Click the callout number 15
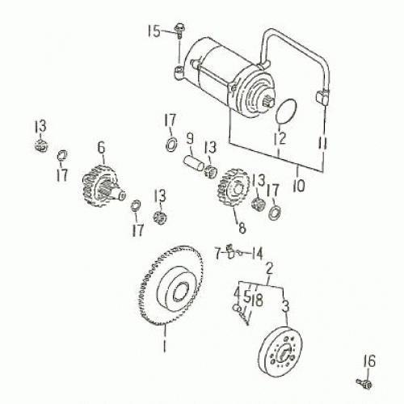click(x=153, y=32)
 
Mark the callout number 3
click(x=285, y=307)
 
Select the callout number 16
click(x=369, y=360)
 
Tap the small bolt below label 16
click(x=362, y=380)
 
